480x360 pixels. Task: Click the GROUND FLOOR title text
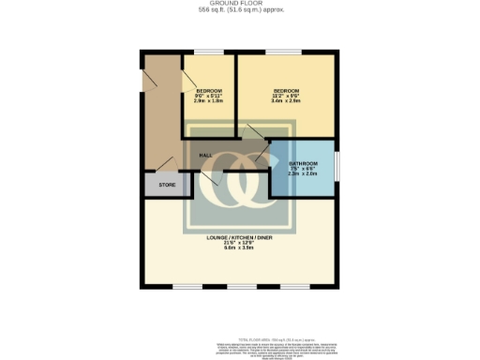click(239, 4)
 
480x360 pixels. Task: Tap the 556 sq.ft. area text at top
click(239, 10)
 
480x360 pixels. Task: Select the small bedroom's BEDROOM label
click(208, 90)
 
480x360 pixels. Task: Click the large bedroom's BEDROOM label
click(285, 90)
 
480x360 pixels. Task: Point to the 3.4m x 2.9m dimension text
click(285, 100)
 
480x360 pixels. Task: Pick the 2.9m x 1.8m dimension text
click(208, 100)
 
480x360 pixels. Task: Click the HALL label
click(205, 154)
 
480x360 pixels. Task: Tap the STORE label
click(167, 185)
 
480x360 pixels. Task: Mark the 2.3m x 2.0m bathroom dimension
click(302, 173)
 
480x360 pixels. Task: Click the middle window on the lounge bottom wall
click(241, 286)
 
